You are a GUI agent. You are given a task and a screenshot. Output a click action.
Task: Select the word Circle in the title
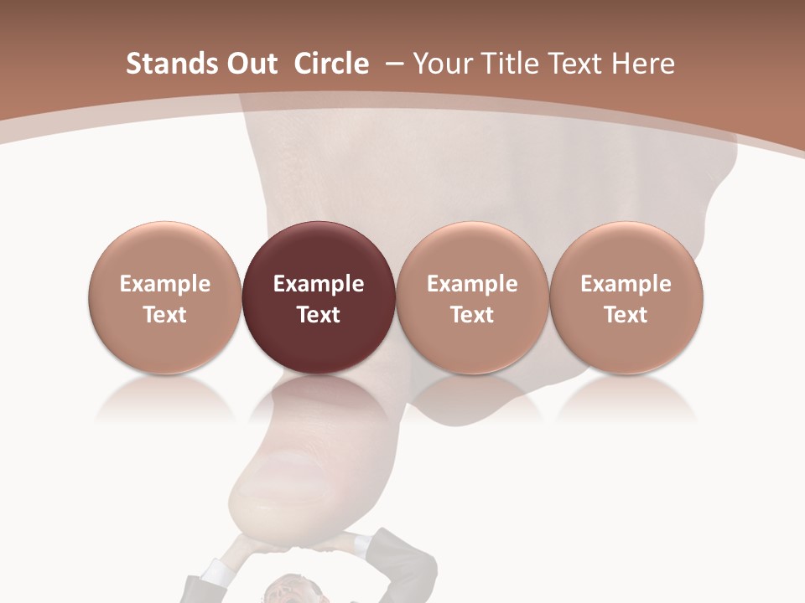331,64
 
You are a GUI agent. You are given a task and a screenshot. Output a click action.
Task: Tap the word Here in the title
640,64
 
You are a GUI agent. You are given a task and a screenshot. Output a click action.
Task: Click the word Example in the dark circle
319,284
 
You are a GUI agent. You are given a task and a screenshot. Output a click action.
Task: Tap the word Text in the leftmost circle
165,315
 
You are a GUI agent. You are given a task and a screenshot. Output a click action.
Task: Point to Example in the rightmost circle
626,284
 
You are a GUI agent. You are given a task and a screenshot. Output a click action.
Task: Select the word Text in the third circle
472,315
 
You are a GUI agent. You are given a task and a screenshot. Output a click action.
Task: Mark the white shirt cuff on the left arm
216,574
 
